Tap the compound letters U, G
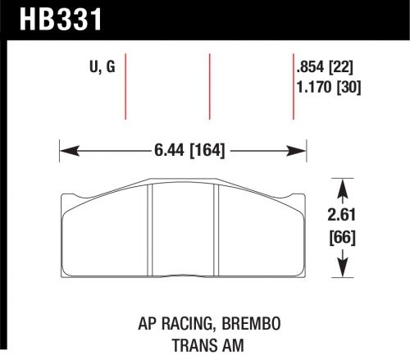(x=101, y=68)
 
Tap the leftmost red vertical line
(x=127, y=86)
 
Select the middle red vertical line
(x=211, y=86)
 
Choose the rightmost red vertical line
(x=294, y=86)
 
